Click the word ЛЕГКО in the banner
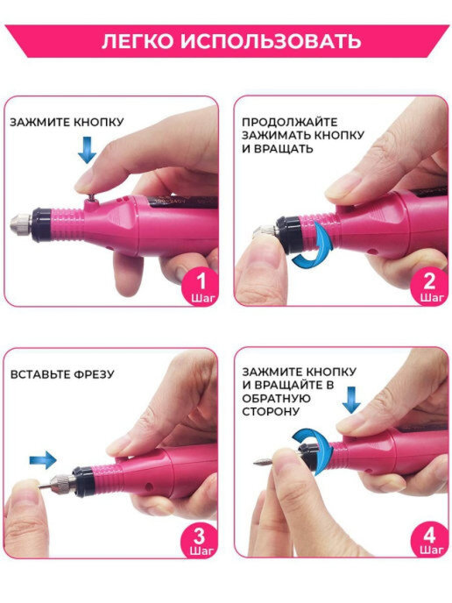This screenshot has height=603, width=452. click(x=138, y=41)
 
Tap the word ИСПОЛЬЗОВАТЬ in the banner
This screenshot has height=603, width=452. click(x=271, y=41)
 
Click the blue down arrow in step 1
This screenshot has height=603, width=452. click(x=88, y=150)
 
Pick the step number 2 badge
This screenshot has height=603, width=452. click(x=430, y=287)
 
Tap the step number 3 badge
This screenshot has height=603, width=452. click(x=200, y=539)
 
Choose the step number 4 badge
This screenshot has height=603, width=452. click(x=429, y=538)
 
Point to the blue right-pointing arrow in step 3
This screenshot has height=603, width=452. click(x=43, y=460)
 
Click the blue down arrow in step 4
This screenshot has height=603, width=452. click(x=351, y=400)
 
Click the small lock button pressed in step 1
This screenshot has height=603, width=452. click(x=91, y=197)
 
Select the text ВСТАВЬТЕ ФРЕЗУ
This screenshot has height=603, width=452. click(x=62, y=374)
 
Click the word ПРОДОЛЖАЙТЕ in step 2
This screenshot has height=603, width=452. click(x=289, y=123)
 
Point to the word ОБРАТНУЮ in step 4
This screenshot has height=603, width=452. click(x=276, y=399)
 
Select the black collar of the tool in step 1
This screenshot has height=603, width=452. click(x=41, y=225)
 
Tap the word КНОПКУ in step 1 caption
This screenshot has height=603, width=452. click(x=98, y=123)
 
